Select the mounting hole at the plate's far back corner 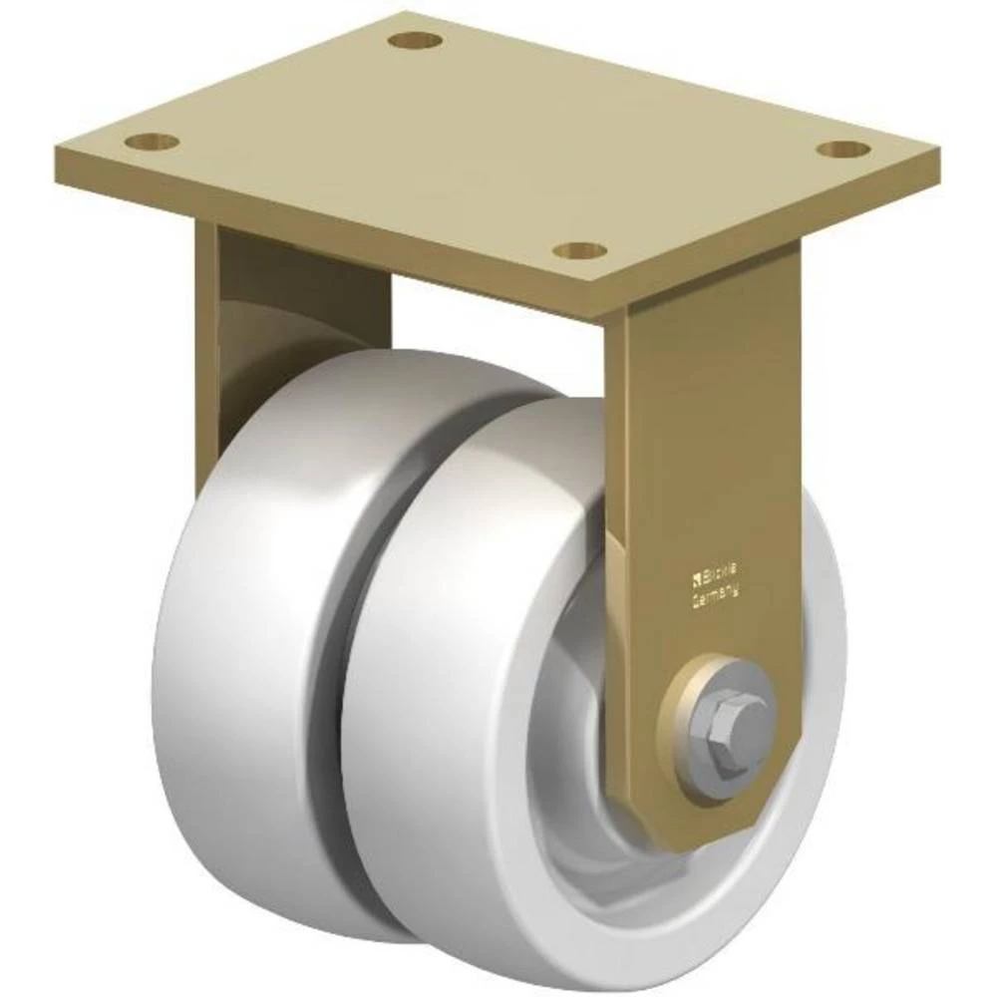(x=416, y=42)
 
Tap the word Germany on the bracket (x=716, y=595)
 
